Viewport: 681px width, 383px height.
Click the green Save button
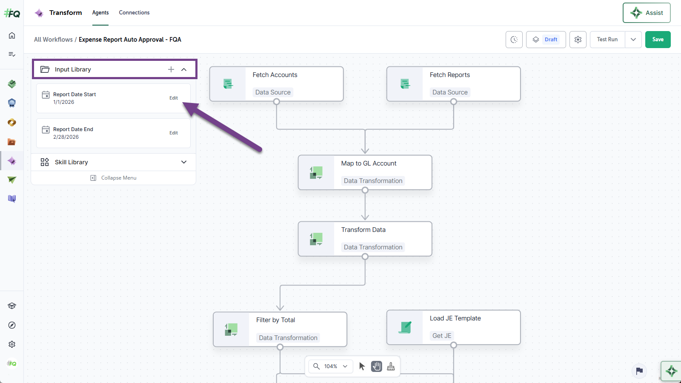tap(658, 40)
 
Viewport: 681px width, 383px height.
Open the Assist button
tap(647, 13)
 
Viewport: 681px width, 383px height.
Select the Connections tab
tap(134, 12)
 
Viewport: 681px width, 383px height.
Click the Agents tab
tap(100, 12)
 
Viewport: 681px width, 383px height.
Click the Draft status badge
tap(551, 40)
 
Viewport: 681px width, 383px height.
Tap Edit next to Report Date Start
tap(174, 98)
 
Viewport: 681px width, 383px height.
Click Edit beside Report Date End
tap(174, 133)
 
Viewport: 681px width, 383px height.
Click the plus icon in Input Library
tap(171, 69)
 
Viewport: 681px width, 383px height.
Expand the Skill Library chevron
tap(183, 162)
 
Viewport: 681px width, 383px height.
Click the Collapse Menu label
tap(119, 178)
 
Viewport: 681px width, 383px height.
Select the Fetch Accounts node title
tap(275, 75)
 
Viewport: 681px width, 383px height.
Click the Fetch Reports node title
tap(449, 75)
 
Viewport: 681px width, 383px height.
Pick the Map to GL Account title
tap(369, 163)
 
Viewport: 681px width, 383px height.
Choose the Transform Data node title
tap(363, 230)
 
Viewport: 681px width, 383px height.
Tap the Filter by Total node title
tap(275, 320)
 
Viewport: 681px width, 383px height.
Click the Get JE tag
tap(442, 336)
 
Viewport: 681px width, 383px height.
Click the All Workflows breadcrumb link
tap(53, 40)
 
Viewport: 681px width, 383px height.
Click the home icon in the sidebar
tap(12, 36)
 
